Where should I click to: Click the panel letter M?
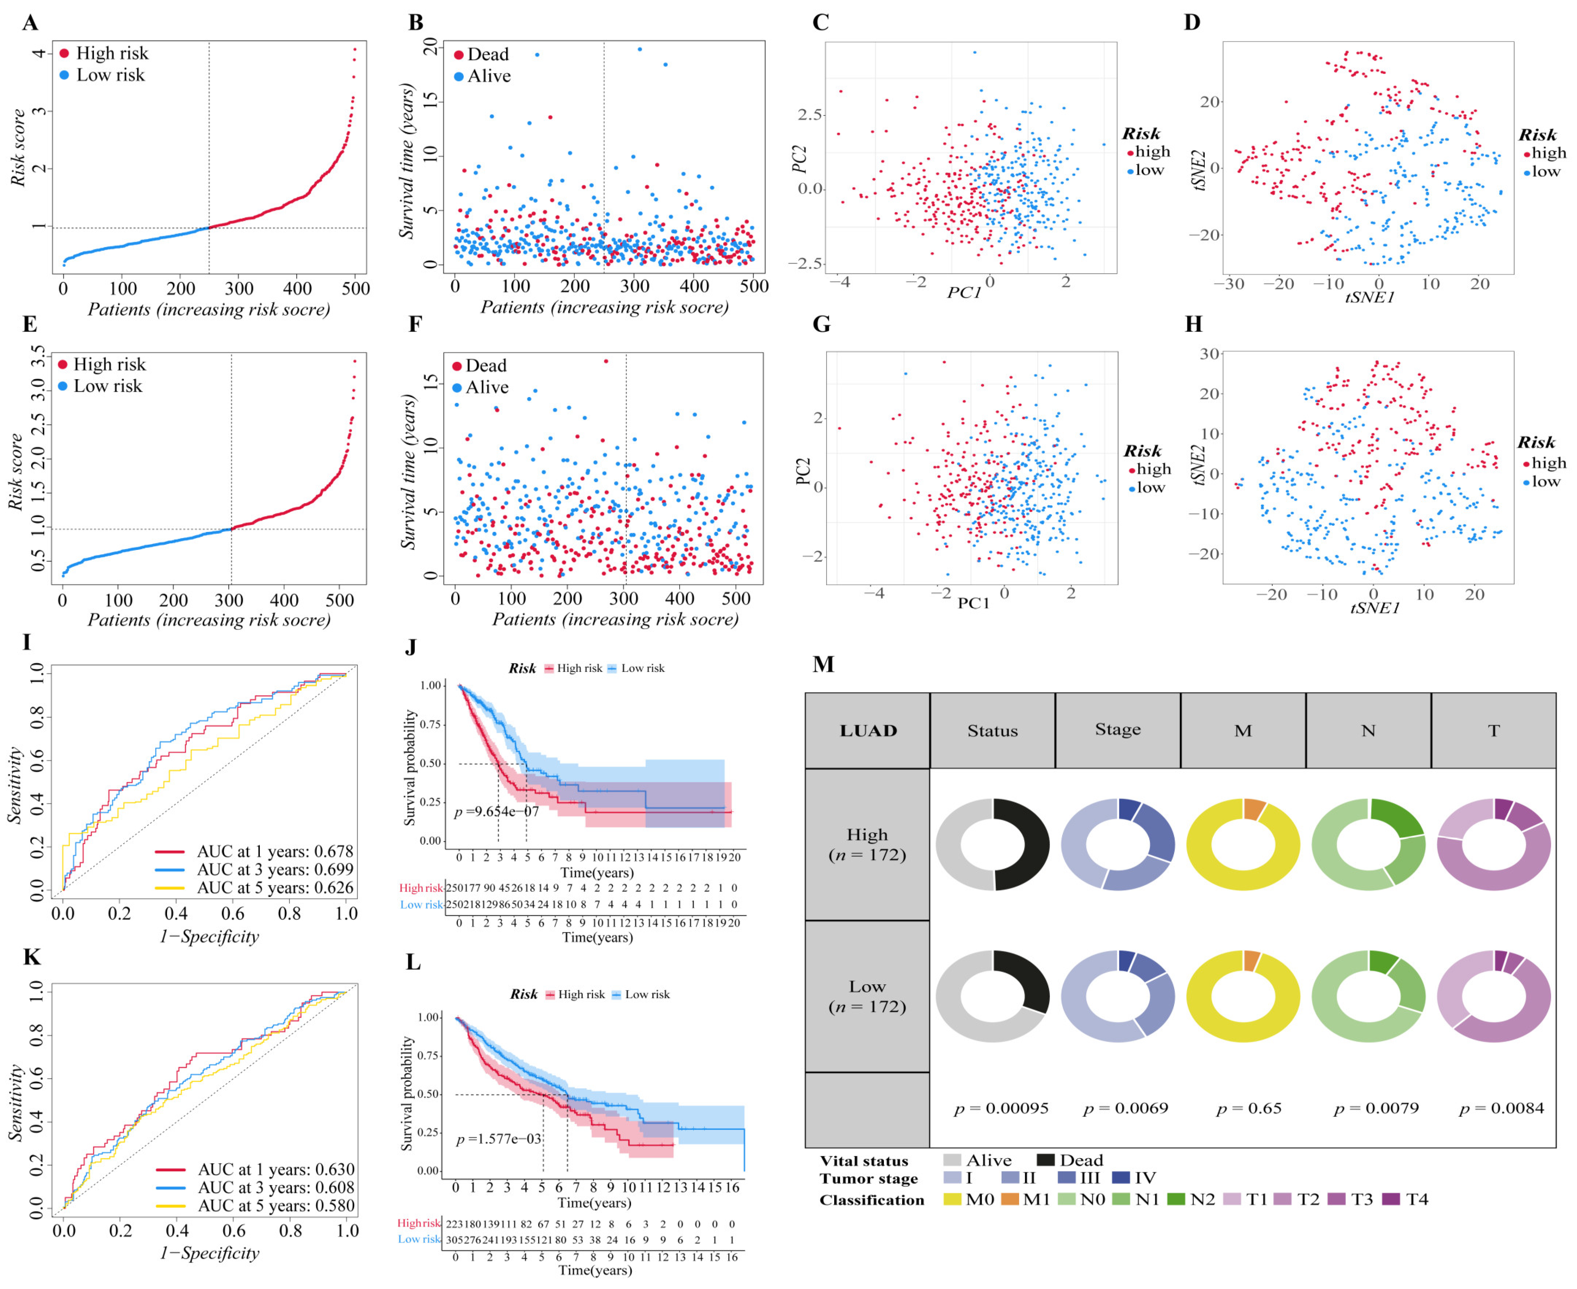click(824, 663)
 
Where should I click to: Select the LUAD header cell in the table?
click(868, 731)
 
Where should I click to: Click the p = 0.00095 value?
click(1001, 1109)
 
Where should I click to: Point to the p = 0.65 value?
click(1249, 1109)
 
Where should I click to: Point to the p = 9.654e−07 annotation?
click(496, 811)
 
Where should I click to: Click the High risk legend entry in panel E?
click(102, 365)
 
